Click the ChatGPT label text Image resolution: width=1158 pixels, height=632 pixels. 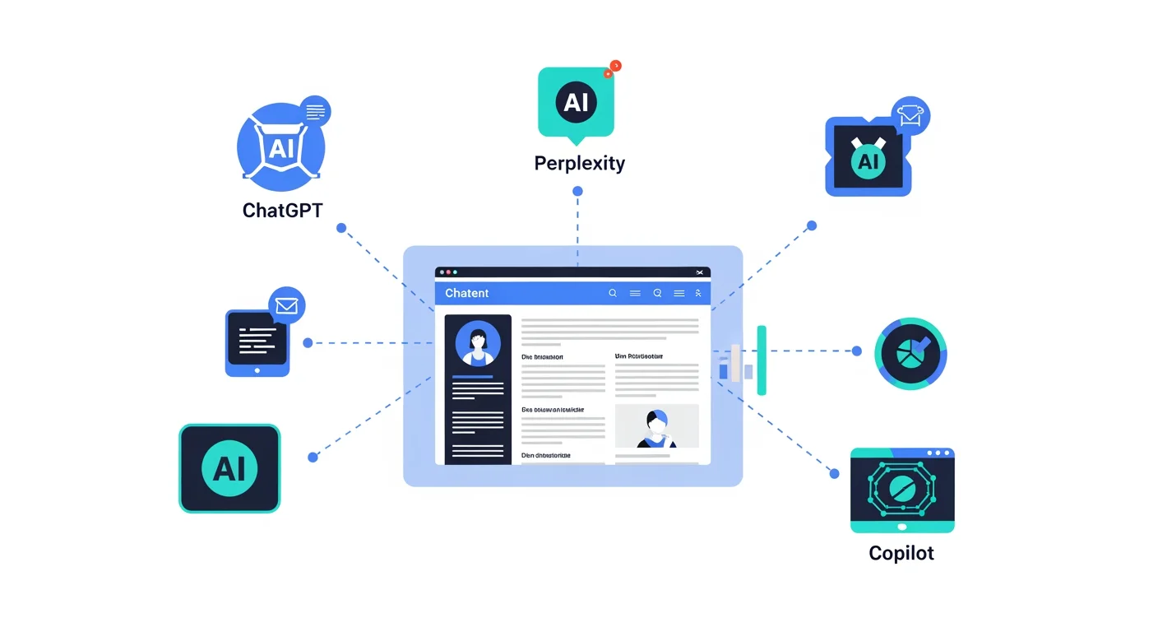pos(282,210)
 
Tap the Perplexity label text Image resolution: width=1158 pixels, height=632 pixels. pos(579,163)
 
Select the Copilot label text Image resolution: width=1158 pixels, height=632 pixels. pos(901,552)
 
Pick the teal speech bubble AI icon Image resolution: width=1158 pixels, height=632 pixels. pos(576,102)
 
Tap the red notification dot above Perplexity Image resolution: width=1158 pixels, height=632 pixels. pos(614,67)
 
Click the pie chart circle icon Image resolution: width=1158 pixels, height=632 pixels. pos(910,353)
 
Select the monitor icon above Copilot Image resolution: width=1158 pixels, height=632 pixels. pos(901,490)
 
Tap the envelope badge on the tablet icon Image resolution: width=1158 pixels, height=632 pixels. pos(286,306)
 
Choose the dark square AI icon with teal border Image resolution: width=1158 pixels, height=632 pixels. pos(229,468)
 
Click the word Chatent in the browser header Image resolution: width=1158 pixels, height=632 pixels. pos(466,293)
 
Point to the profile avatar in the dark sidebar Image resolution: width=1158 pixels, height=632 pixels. pos(477,343)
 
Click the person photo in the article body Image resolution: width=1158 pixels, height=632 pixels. pos(656,426)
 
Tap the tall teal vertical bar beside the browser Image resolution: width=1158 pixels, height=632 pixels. pos(762,360)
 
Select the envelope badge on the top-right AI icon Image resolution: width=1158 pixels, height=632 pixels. pos(910,116)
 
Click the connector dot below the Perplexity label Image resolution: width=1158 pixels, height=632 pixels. pos(577,191)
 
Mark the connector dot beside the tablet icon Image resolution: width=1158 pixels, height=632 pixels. pos(308,342)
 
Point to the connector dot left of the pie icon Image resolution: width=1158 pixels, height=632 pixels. pos(856,351)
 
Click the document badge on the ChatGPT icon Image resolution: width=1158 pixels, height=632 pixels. pos(315,111)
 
